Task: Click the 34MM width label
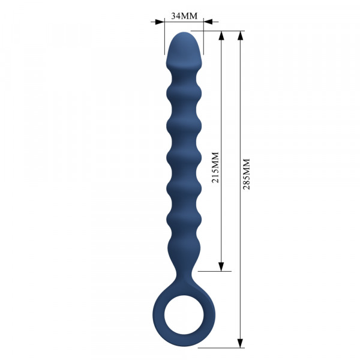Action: pyautogui.click(x=184, y=16)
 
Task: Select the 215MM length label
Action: pyautogui.click(x=215, y=167)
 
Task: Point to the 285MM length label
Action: pyautogui.click(x=247, y=174)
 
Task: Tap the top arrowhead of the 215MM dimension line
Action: pyautogui.click(x=221, y=35)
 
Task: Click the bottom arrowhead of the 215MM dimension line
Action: pyautogui.click(x=221, y=267)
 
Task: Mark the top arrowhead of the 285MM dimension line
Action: pyautogui.click(x=240, y=35)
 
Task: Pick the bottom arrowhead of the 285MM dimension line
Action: pyautogui.click(x=240, y=343)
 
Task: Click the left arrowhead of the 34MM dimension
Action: pyautogui.click(x=160, y=22)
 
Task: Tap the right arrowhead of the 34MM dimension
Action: pyautogui.click(x=208, y=22)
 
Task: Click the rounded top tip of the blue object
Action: pyautogui.click(x=184, y=32)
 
